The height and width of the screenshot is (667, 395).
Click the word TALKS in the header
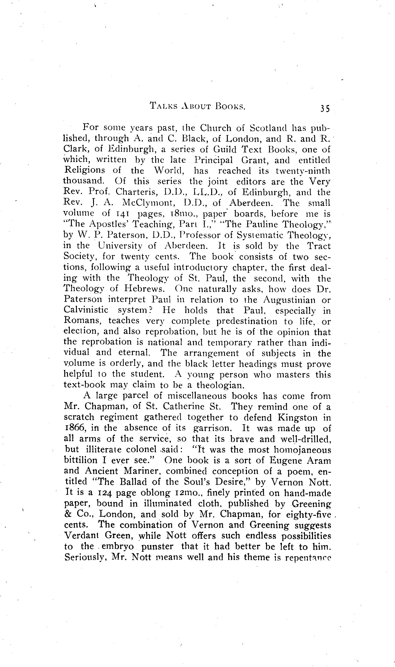[x=164, y=106]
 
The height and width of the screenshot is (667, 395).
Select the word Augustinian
[x=289, y=300]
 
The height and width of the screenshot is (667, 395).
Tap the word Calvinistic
[x=86, y=310]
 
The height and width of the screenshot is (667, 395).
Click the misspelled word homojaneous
[x=303, y=450]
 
